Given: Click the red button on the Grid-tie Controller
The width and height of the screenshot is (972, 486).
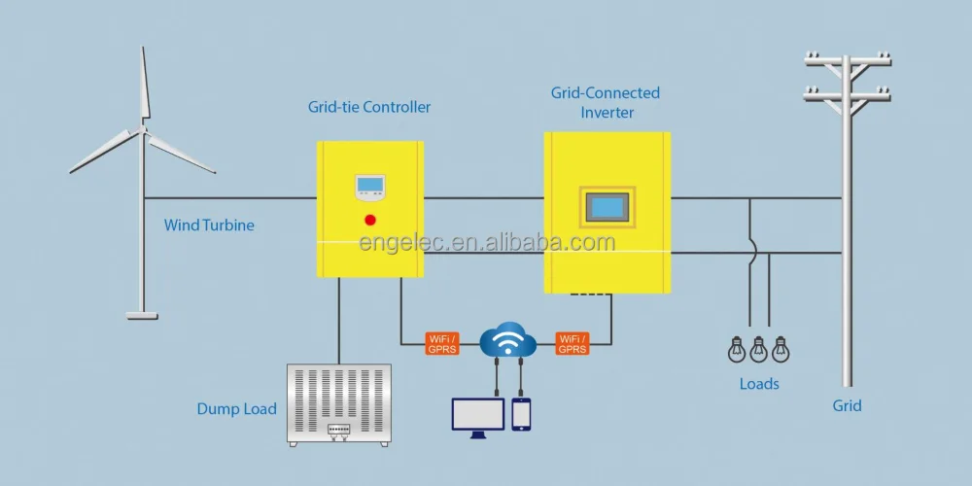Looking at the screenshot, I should [370, 220].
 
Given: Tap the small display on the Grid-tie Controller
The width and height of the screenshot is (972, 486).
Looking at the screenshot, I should [370, 186].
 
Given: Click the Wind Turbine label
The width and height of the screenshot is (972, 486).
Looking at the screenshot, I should [209, 226].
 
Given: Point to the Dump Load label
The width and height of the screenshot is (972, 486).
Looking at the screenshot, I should [237, 409].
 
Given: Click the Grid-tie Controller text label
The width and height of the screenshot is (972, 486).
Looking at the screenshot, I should [369, 107].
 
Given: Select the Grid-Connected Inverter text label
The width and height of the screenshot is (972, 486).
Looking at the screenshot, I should [606, 102].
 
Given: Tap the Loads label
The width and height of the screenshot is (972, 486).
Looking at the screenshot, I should [759, 384].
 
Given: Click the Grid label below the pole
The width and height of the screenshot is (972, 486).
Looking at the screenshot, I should [847, 405].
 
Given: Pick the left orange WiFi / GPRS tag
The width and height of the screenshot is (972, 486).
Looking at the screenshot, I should [442, 343].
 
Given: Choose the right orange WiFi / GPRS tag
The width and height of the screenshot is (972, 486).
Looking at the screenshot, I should [572, 343].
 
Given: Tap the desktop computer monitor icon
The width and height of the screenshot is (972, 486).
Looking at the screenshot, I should [478, 415].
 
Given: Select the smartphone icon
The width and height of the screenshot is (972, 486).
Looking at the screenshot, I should [522, 413].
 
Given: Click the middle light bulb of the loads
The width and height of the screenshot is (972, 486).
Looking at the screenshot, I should [759, 349].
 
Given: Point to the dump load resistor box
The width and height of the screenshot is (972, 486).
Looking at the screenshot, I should [339, 404].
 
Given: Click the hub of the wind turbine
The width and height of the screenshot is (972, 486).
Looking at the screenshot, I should [143, 128].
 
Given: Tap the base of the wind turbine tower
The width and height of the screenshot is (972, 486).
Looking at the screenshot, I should [142, 314].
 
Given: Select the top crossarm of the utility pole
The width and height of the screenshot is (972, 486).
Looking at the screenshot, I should [848, 60].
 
